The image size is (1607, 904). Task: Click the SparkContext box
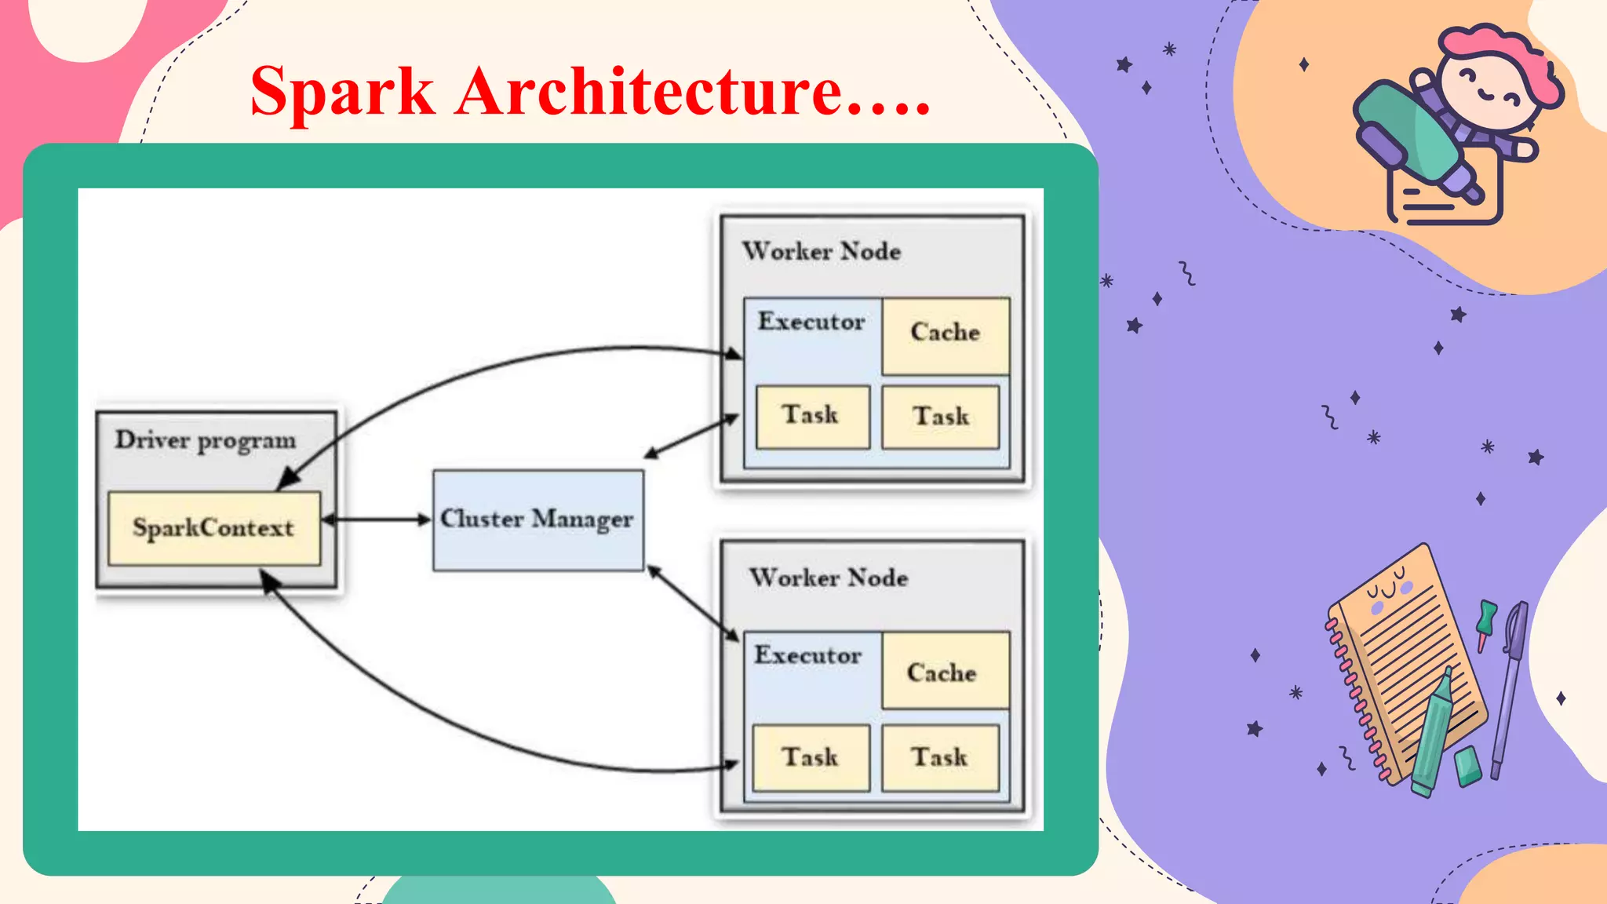click(214, 528)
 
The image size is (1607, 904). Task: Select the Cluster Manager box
click(538, 519)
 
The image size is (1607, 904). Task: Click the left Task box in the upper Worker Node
click(812, 417)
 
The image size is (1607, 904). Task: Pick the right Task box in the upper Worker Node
click(940, 417)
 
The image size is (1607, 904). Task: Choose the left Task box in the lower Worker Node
click(811, 757)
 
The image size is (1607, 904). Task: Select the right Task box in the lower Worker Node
click(940, 757)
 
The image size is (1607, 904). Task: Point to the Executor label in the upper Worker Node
click(811, 322)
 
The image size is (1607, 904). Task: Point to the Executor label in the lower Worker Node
click(808, 655)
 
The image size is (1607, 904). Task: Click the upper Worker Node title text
click(822, 252)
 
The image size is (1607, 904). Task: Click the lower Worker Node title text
click(829, 578)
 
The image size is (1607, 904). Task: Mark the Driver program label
click(206, 440)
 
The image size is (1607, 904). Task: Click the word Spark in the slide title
click(342, 93)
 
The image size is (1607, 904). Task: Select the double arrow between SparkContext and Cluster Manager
click(377, 519)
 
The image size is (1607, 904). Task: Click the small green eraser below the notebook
click(1467, 765)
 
